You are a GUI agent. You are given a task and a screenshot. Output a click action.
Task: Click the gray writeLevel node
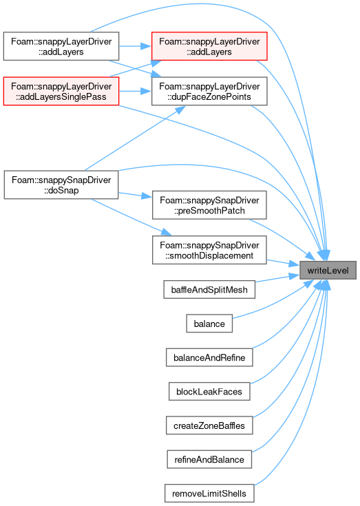pyautogui.click(x=328, y=270)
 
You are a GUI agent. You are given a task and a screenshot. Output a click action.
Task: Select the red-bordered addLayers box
pyautogui.click(x=209, y=46)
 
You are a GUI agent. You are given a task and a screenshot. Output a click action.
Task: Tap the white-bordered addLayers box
pyautogui.click(x=61, y=46)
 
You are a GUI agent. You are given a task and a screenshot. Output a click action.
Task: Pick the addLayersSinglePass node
pyautogui.click(x=61, y=91)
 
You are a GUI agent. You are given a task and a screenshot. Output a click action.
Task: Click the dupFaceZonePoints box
pyautogui.click(x=209, y=91)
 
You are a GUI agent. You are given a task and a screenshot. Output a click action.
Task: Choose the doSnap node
pyautogui.click(x=61, y=185)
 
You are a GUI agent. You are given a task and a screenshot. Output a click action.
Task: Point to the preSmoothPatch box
pyautogui.click(x=209, y=205)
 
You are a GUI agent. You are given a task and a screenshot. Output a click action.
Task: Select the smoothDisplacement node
pyautogui.click(x=209, y=250)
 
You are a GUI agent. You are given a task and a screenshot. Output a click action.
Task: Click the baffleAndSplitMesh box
pyautogui.click(x=209, y=289)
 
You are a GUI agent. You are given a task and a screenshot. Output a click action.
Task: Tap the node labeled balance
pyautogui.click(x=209, y=324)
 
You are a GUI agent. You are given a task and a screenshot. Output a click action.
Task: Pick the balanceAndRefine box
pyautogui.click(x=209, y=357)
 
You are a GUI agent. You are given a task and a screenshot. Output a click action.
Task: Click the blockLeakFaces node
pyautogui.click(x=209, y=392)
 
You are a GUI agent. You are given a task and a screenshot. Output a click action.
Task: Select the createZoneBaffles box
pyautogui.click(x=209, y=425)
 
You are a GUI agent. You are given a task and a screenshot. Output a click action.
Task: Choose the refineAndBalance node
pyautogui.click(x=209, y=459)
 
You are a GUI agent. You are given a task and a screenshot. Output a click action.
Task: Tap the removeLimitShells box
pyautogui.click(x=209, y=493)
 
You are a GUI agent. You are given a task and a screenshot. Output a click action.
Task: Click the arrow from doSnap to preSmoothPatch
pyautogui.click(x=135, y=195)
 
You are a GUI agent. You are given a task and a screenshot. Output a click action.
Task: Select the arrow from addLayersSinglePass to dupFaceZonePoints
pyautogui.click(x=135, y=91)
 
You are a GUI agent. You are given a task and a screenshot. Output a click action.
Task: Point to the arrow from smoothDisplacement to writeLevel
pyautogui.click(x=283, y=262)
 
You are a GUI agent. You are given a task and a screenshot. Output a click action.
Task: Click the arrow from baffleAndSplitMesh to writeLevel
pyautogui.click(x=277, y=278)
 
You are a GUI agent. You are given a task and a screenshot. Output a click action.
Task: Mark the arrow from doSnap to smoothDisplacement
pyautogui.click(x=131, y=217)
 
